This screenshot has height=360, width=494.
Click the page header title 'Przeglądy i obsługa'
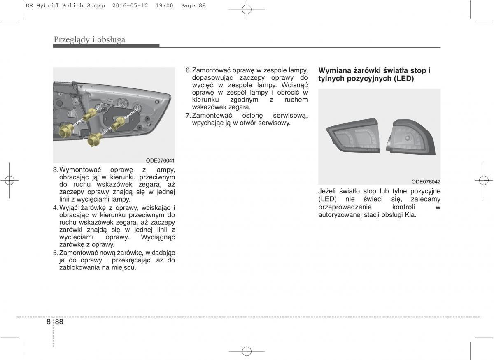coord(89,39)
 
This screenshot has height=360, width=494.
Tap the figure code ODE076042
coord(426,182)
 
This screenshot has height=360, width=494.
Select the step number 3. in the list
coord(56,170)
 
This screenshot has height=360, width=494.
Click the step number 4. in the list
coord(56,207)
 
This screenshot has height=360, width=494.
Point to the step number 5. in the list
coord(56,252)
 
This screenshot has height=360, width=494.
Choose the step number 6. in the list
coord(188,70)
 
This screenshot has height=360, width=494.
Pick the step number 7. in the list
coord(188,115)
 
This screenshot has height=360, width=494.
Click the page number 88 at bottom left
coord(59,322)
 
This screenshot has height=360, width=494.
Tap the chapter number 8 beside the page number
coord(49,322)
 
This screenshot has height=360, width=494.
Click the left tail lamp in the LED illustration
coord(353,136)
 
